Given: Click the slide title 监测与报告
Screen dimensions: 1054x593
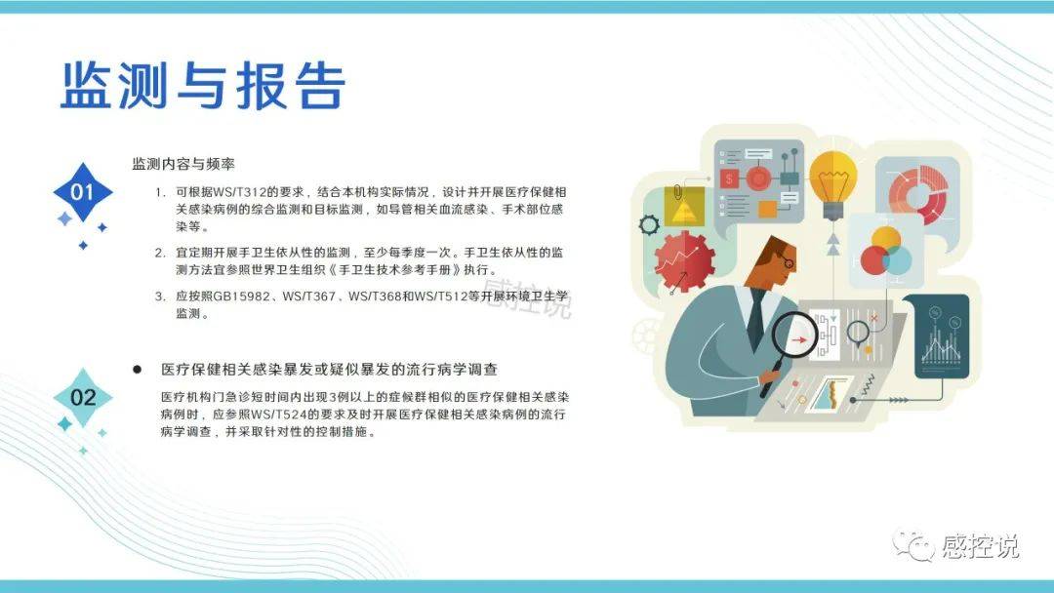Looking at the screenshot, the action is [x=203, y=85].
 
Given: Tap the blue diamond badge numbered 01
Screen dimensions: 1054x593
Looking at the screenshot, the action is [x=83, y=192].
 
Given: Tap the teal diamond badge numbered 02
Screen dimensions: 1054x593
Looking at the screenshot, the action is [x=83, y=398].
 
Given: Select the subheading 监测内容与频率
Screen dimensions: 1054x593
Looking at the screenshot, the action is [x=183, y=164].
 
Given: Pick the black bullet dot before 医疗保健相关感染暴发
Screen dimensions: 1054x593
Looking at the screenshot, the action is [x=138, y=370].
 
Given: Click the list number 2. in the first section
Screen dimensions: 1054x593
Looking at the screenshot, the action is [x=160, y=254].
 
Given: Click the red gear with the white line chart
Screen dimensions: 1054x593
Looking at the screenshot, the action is [x=684, y=260].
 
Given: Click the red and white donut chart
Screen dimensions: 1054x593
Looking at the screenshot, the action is [x=916, y=195].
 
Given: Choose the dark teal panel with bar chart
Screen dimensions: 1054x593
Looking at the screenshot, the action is [x=936, y=336].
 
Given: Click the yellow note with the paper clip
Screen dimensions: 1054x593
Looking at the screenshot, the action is [x=683, y=205].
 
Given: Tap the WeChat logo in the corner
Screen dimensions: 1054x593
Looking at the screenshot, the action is [x=912, y=544].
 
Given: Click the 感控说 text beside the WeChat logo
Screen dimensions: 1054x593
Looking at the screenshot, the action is [x=980, y=546].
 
